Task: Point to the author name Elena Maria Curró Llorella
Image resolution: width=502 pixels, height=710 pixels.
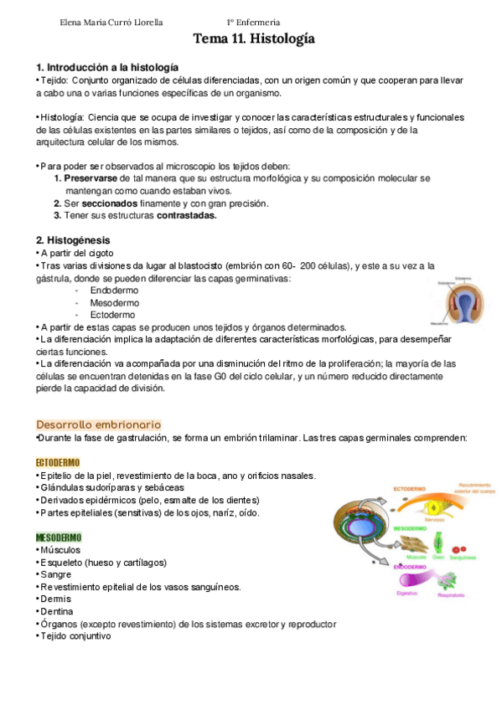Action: (x=111, y=22)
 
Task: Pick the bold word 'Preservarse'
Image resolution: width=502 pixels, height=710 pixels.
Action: (x=91, y=178)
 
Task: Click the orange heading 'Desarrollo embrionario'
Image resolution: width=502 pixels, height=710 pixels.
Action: (x=98, y=424)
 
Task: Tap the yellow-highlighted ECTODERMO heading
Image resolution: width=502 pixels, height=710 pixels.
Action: (x=58, y=463)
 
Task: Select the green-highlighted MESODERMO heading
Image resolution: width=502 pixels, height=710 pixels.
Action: (x=59, y=537)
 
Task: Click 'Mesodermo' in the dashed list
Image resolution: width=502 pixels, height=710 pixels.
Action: (x=115, y=302)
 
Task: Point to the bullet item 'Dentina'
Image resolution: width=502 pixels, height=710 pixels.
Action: (x=58, y=611)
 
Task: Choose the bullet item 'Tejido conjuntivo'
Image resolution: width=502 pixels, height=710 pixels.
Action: (x=75, y=635)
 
